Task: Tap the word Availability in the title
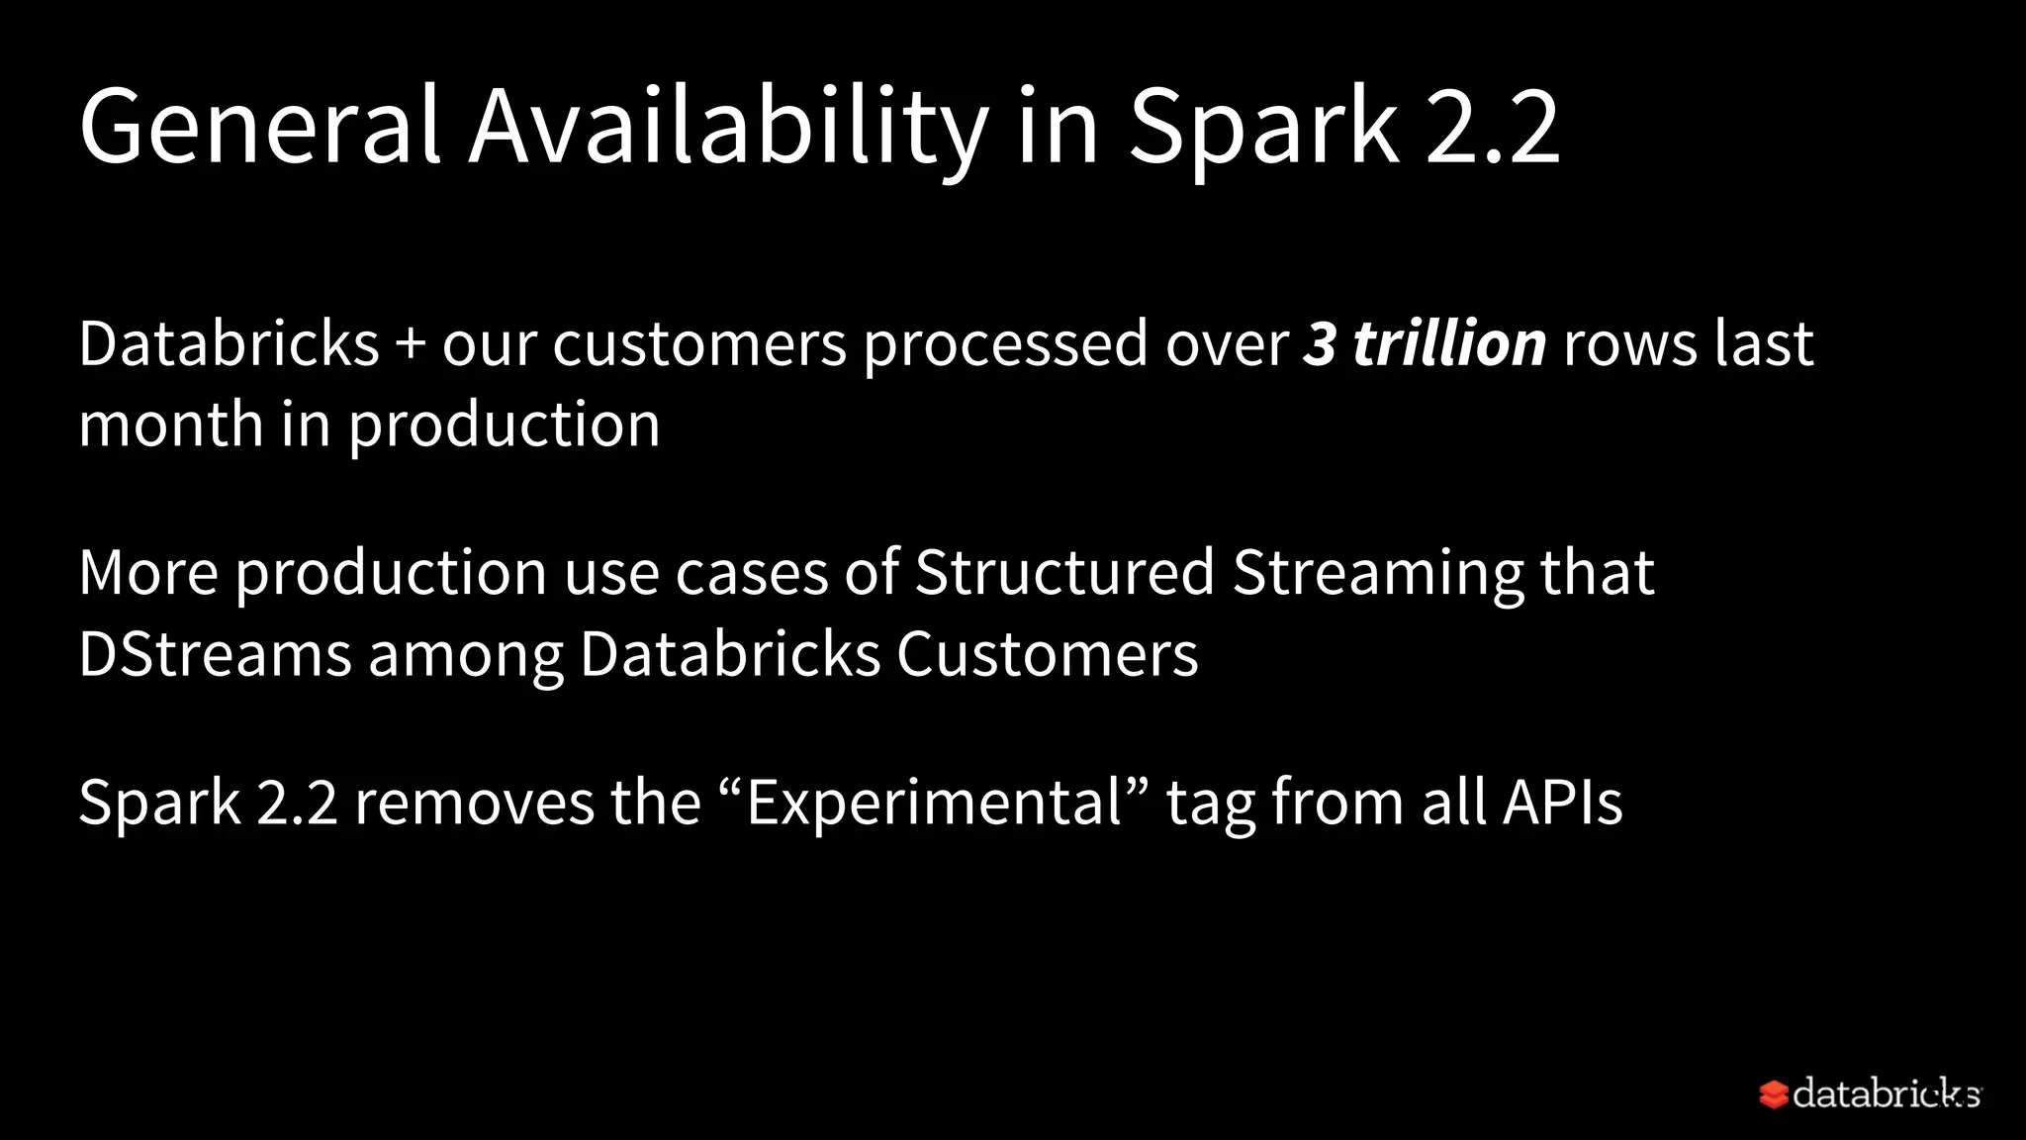(x=728, y=127)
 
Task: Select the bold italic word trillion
(x=1449, y=344)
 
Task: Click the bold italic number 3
(x=1320, y=344)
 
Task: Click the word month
(x=170, y=426)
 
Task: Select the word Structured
(x=1064, y=573)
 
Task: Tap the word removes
(x=474, y=803)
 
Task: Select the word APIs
(x=1563, y=803)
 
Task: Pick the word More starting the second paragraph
(x=148, y=573)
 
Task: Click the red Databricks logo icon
(x=1773, y=1094)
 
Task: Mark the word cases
(x=751, y=575)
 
